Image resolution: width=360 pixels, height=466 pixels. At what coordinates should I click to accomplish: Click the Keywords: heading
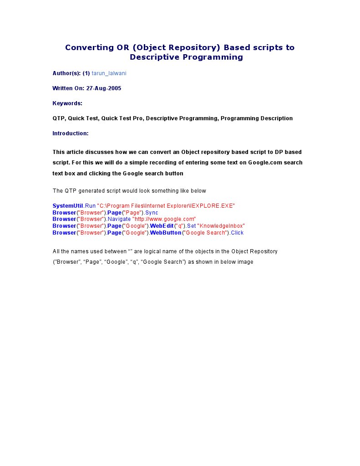pyautogui.click(x=67, y=103)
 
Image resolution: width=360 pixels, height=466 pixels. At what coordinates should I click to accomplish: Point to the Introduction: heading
pyautogui.click(x=71, y=133)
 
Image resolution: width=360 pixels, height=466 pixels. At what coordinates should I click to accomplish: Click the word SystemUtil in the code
pyautogui.click(x=68, y=206)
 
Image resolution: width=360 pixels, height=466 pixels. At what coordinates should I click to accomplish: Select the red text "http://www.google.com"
pyautogui.click(x=164, y=219)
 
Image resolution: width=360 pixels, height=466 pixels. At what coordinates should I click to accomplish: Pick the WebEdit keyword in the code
pyautogui.click(x=162, y=226)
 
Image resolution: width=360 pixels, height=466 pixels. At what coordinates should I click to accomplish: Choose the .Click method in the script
pyautogui.click(x=236, y=233)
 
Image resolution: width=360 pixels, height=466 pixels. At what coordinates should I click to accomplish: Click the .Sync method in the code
pyautogui.click(x=151, y=213)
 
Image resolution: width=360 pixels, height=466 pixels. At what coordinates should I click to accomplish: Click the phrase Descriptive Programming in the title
pyautogui.click(x=186, y=57)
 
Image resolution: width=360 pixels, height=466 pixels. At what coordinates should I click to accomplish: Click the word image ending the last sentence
pyautogui.click(x=245, y=262)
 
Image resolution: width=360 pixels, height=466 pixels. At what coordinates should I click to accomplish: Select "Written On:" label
pyautogui.click(x=68, y=88)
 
